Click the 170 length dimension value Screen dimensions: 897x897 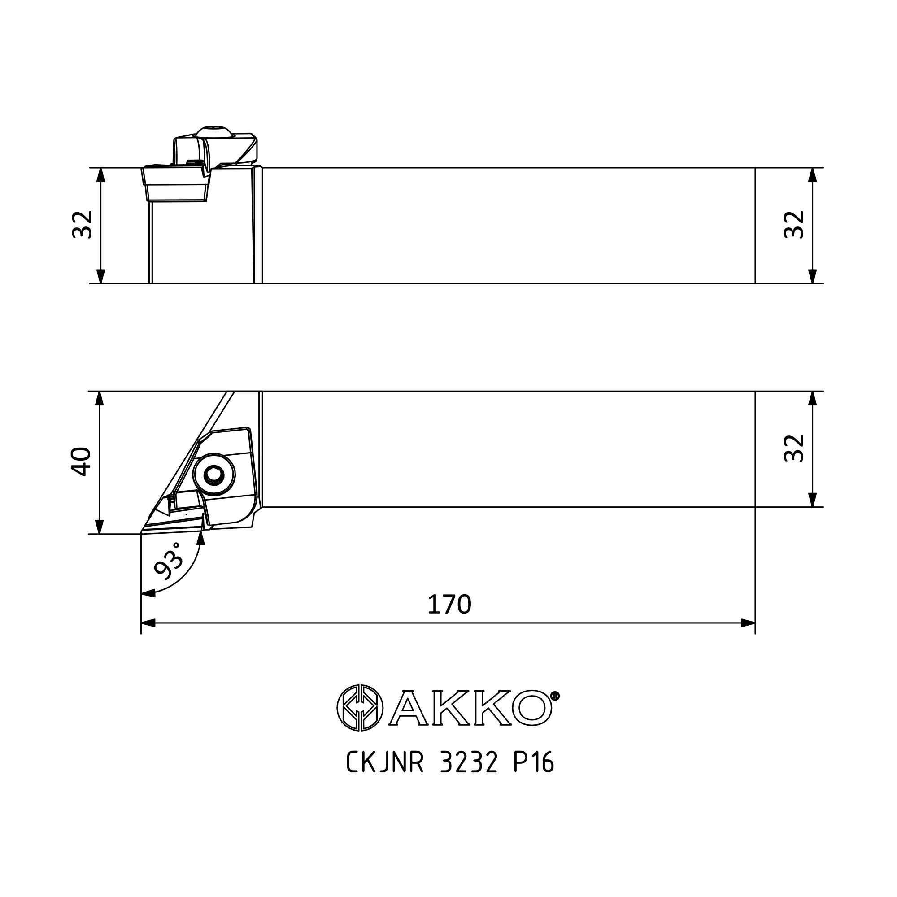point(449,605)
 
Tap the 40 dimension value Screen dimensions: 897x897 point(81,462)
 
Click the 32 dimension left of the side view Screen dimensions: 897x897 point(83,225)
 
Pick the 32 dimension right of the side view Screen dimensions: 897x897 point(794,225)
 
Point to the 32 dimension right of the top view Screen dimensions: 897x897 point(794,448)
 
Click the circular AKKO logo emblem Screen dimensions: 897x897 point(360,708)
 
